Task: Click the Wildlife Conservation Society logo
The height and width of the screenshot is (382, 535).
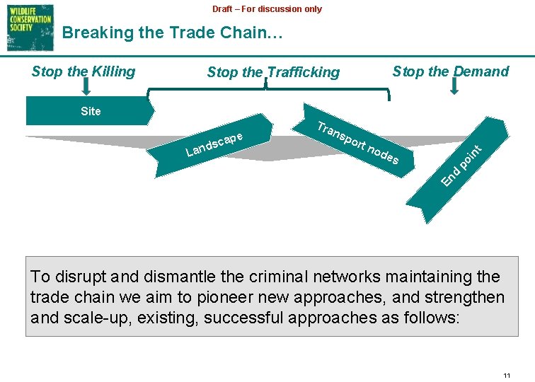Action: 30,27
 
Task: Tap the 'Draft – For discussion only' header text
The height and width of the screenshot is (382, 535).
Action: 267,9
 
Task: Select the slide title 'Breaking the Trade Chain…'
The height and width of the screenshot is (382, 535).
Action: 172,33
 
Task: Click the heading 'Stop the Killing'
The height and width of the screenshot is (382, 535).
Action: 84,71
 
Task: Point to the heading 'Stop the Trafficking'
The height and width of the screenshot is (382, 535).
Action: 273,72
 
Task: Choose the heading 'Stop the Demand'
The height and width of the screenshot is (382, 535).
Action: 450,71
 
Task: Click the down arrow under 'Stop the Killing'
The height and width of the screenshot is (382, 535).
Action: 86,87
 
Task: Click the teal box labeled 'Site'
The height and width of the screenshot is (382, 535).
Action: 91,111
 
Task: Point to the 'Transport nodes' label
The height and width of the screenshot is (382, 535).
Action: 357,144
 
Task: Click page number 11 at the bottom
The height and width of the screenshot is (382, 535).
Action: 506,375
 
